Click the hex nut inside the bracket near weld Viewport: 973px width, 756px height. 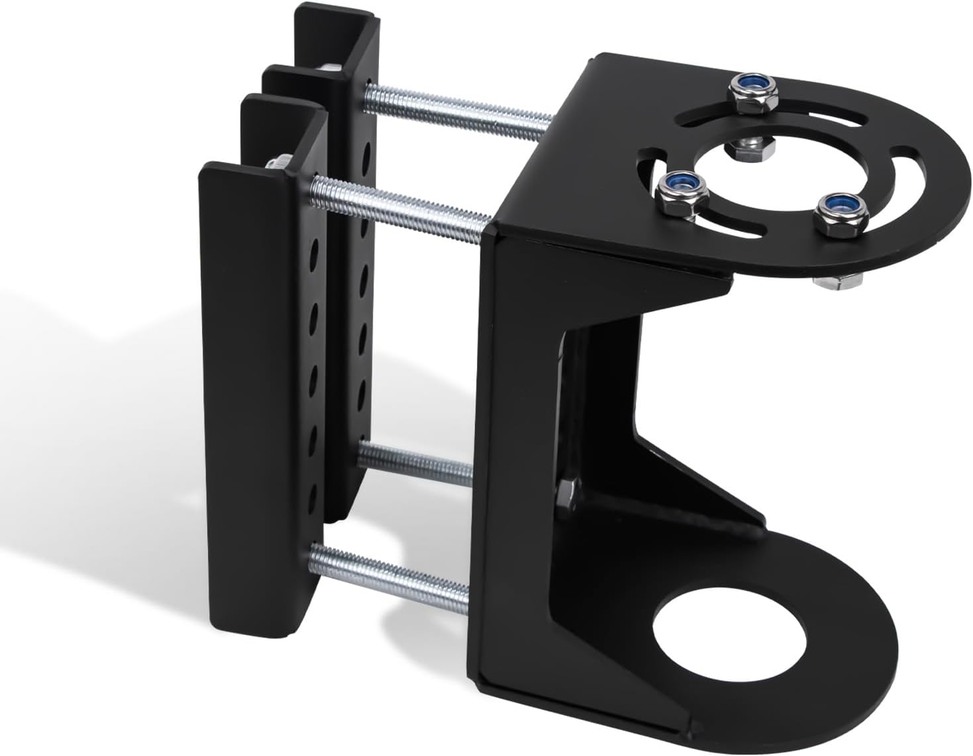[x=565, y=493]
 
